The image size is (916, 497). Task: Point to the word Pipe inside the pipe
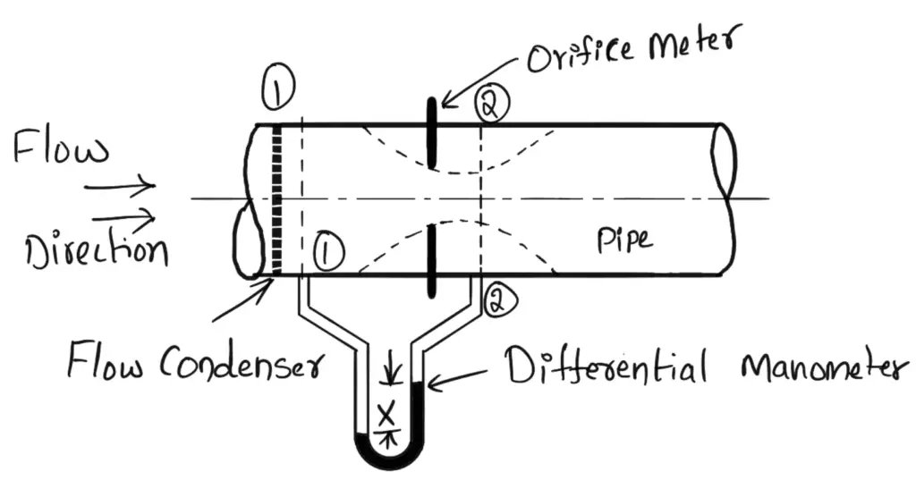click(623, 239)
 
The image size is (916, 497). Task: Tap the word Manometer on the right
click(814, 366)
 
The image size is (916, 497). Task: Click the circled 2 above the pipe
click(491, 104)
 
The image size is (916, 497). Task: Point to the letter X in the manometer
click(387, 414)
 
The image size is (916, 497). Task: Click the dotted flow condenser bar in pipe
click(276, 199)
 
